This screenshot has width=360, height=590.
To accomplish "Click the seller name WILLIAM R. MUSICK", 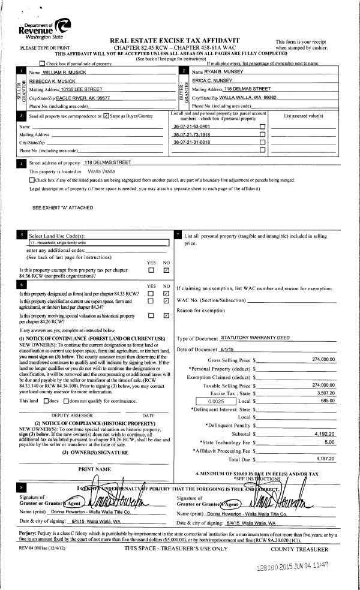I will click(x=65, y=72).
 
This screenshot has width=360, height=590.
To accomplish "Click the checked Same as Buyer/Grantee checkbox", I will click(x=106, y=116).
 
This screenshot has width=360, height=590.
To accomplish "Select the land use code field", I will click(x=99, y=243).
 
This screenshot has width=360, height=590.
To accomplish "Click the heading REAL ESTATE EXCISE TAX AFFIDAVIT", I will click(x=178, y=40).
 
